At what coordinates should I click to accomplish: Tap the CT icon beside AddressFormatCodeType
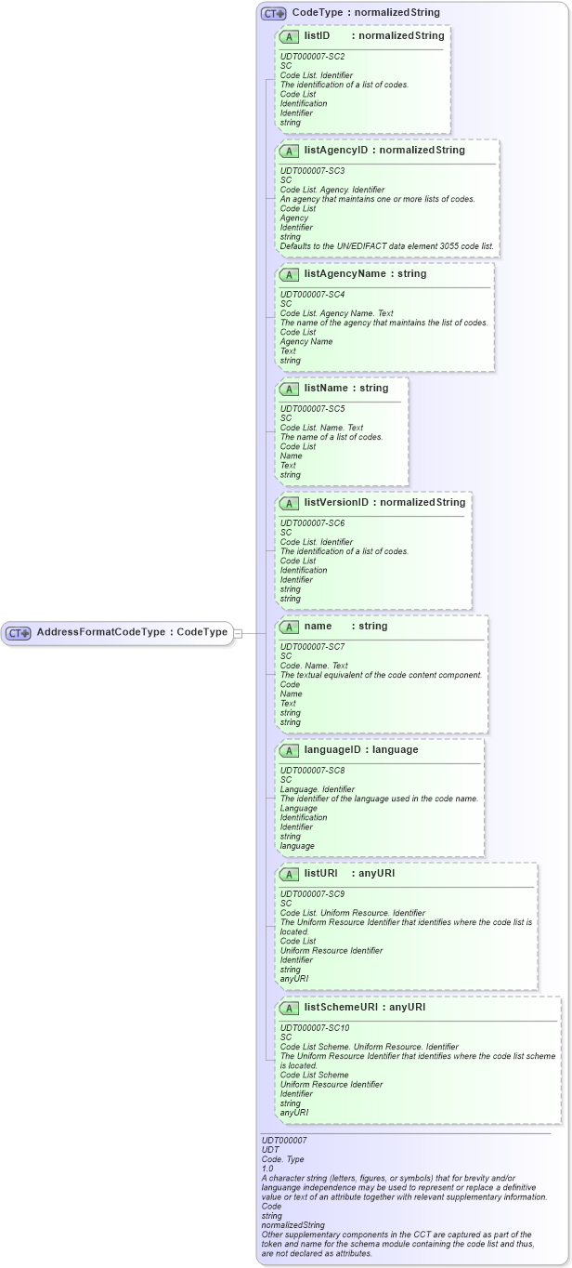click(19, 633)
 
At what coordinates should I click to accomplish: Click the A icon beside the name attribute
click(289, 627)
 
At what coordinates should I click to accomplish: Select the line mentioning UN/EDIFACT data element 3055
click(387, 246)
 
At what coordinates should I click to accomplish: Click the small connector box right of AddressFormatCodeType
click(238, 633)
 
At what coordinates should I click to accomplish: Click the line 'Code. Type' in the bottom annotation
click(282, 1158)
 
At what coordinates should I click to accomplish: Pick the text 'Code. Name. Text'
click(314, 666)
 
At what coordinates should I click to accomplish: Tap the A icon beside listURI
click(289, 874)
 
